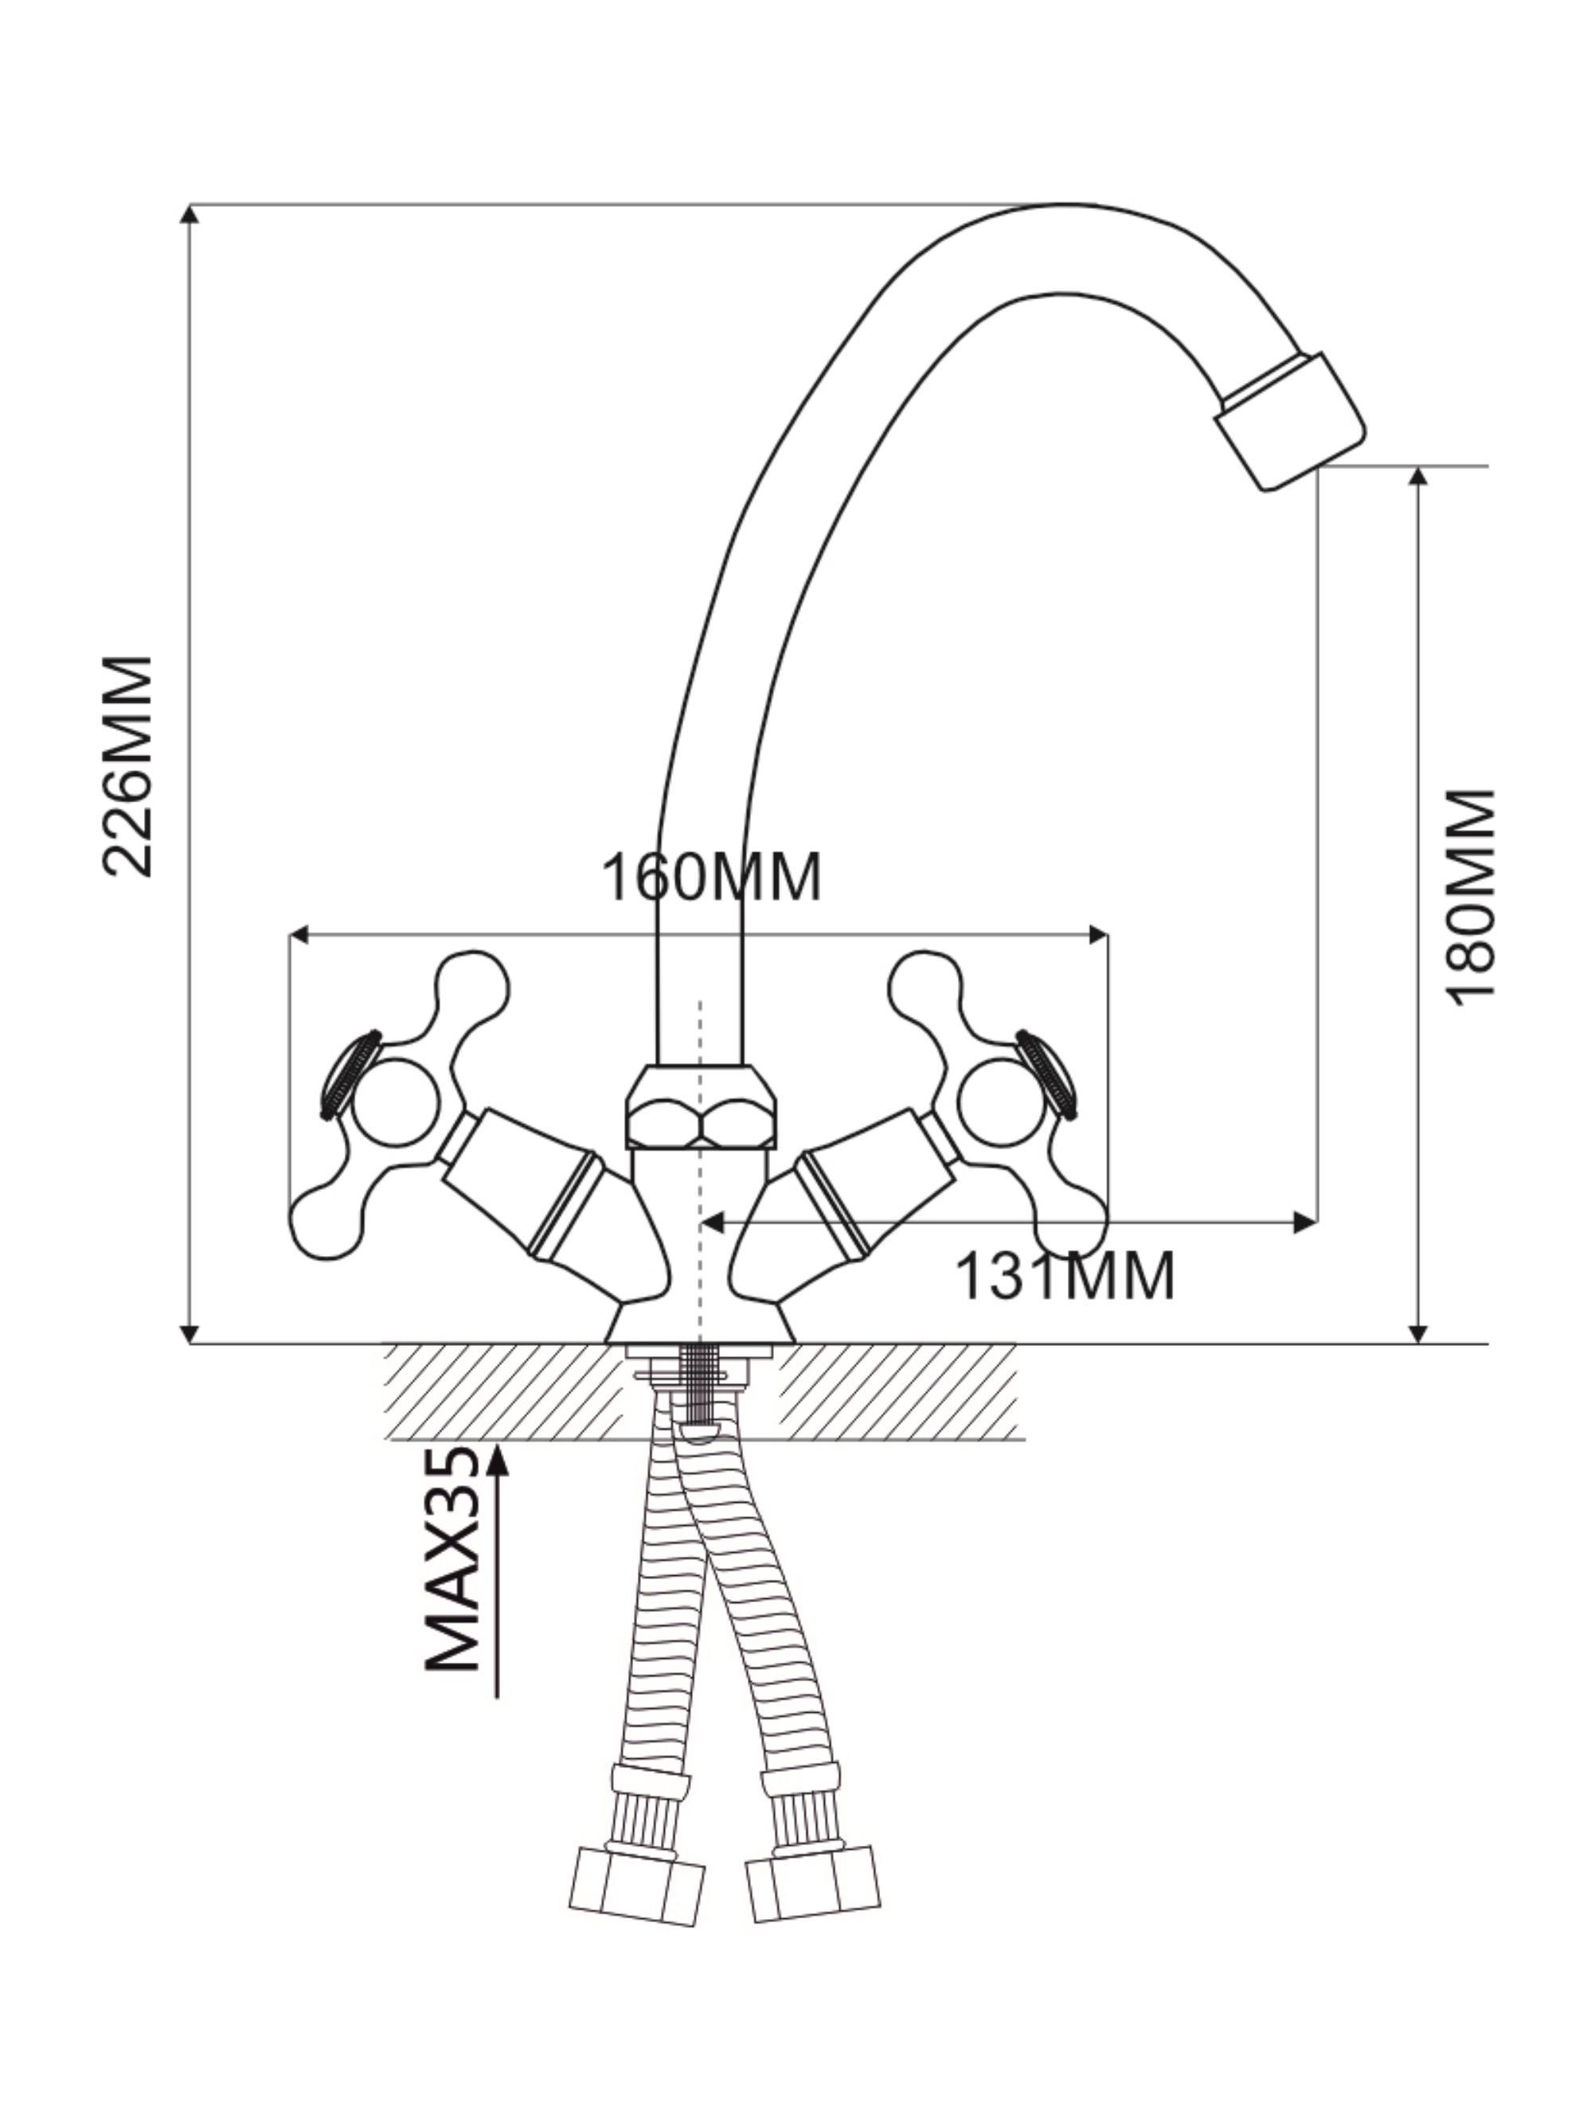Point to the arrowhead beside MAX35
[x=497, y=1458]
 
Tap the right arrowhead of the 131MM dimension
[x=1305, y=1222]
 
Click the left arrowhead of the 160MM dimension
[x=300, y=934]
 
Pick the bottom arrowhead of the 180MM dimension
[x=1420, y=1332]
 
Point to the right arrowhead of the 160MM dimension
[x=1096, y=934]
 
